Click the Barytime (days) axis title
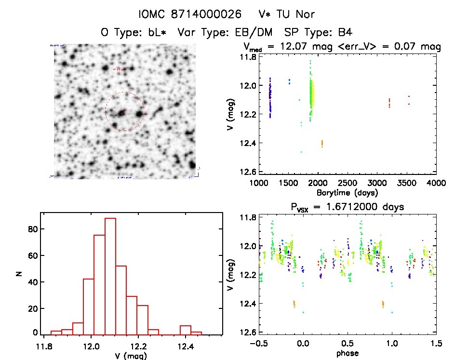348,193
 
